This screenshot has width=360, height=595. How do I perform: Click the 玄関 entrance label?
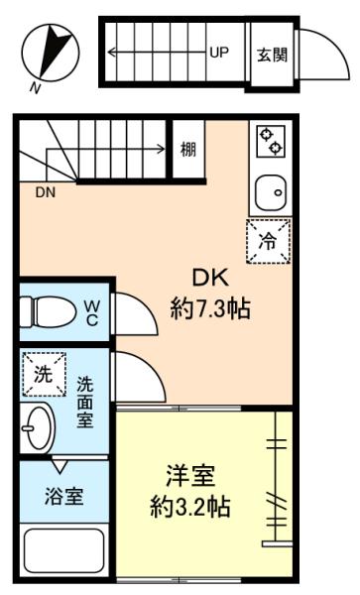[x=273, y=55]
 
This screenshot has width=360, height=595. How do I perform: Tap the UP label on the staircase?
[x=219, y=52]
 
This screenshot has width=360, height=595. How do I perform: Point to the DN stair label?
[x=46, y=192]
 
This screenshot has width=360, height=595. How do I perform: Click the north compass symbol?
[x=51, y=53]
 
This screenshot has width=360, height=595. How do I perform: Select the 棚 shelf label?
[x=188, y=149]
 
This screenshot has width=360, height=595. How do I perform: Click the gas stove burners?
[x=271, y=141]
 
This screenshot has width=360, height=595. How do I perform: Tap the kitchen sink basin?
[x=270, y=193]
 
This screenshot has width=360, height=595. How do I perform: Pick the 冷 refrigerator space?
[x=268, y=241]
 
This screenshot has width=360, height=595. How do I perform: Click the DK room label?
[x=210, y=278]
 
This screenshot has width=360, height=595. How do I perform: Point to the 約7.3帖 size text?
[x=210, y=308]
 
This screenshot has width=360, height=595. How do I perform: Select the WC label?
[x=91, y=312]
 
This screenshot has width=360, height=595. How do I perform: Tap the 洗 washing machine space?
[x=44, y=375]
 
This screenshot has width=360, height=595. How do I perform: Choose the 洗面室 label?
[x=85, y=402]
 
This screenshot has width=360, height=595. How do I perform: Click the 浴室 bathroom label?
[x=63, y=496]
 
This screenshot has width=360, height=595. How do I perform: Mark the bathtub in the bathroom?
[x=64, y=551]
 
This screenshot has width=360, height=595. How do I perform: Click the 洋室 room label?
[x=190, y=476]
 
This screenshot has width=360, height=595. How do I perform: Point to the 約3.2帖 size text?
[x=190, y=506]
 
